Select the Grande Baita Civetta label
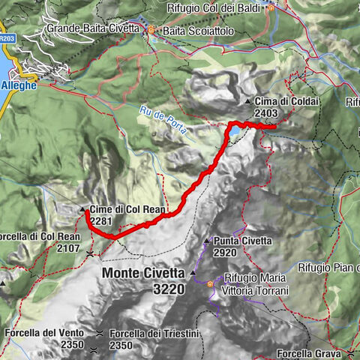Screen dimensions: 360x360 coord(92,28)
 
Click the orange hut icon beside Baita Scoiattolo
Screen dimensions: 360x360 coord(151,30)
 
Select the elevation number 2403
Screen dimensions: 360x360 coord(268,113)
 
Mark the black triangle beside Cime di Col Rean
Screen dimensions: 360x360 coord(82,208)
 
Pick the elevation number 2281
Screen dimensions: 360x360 coord(101,220)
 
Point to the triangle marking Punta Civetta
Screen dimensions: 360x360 coord(207,241)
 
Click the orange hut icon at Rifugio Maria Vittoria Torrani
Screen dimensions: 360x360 coord(210,284)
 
